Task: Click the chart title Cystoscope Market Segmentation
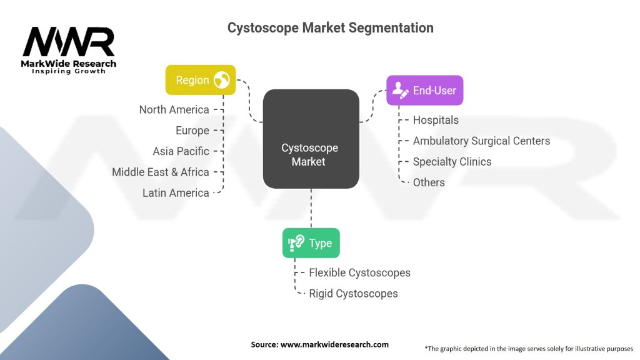pyautogui.click(x=330, y=27)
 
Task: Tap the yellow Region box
pyautogui.click(x=200, y=80)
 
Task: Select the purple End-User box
pyautogui.click(x=424, y=91)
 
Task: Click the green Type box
pyautogui.click(x=311, y=243)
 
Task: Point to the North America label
pyautogui.click(x=174, y=109)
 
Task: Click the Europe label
pyautogui.click(x=192, y=130)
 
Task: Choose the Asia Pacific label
pyautogui.click(x=181, y=151)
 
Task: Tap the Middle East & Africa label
pyautogui.click(x=160, y=172)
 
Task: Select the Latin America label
pyautogui.click(x=175, y=192)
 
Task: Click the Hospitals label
pyautogui.click(x=436, y=120)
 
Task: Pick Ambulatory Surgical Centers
pyautogui.click(x=481, y=141)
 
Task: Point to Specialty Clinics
pyautogui.click(x=452, y=161)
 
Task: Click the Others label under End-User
pyautogui.click(x=429, y=182)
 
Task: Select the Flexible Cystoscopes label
pyautogui.click(x=359, y=272)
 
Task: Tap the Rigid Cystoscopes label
pyautogui.click(x=353, y=293)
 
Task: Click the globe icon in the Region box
pyautogui.click(x=221, y=80)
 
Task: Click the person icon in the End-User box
pyautogui.click(x=399, y=91)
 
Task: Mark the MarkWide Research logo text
pyautogui.click(x=69, y=64)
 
